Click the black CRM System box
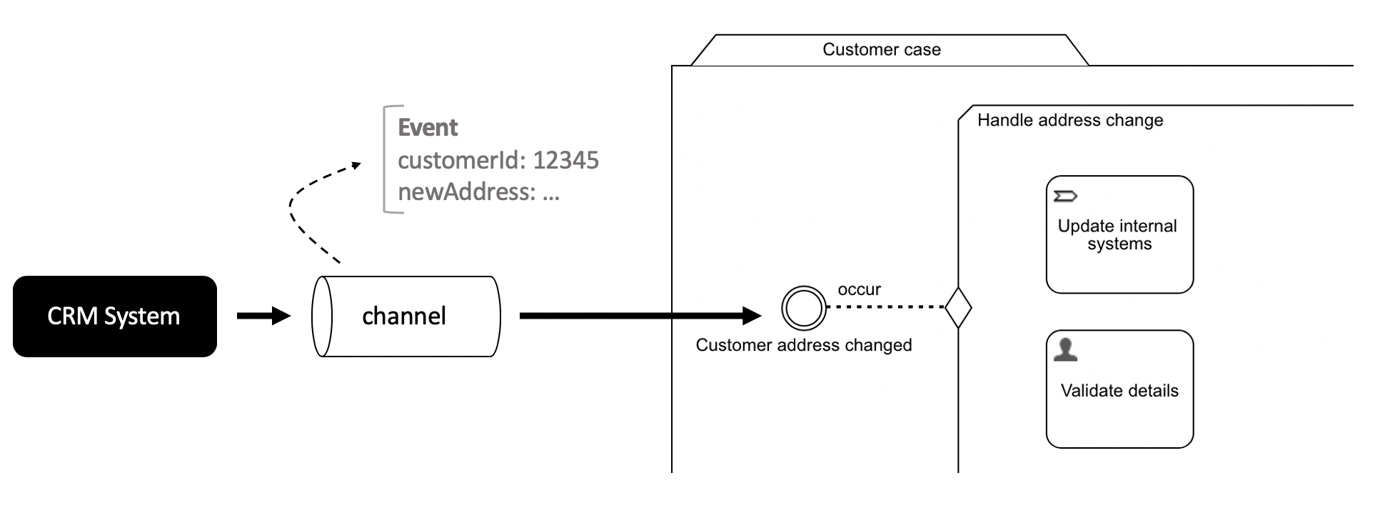pos(114,317)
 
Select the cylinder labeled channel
pos(406,317)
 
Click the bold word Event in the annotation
pos(428,128)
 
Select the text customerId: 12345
pos(498,160)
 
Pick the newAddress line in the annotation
pos(478,192)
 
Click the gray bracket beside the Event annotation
pos(386,159)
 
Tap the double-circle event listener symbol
pos(804,307)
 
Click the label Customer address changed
pos(804,345)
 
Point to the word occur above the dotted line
pos(859,289)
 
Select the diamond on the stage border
pos(958,307)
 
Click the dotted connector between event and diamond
pos(885,307)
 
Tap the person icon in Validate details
pos(1065,349)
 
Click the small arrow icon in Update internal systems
pos(1065,196)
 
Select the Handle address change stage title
pos(1069,120)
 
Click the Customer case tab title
pos(881,49)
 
